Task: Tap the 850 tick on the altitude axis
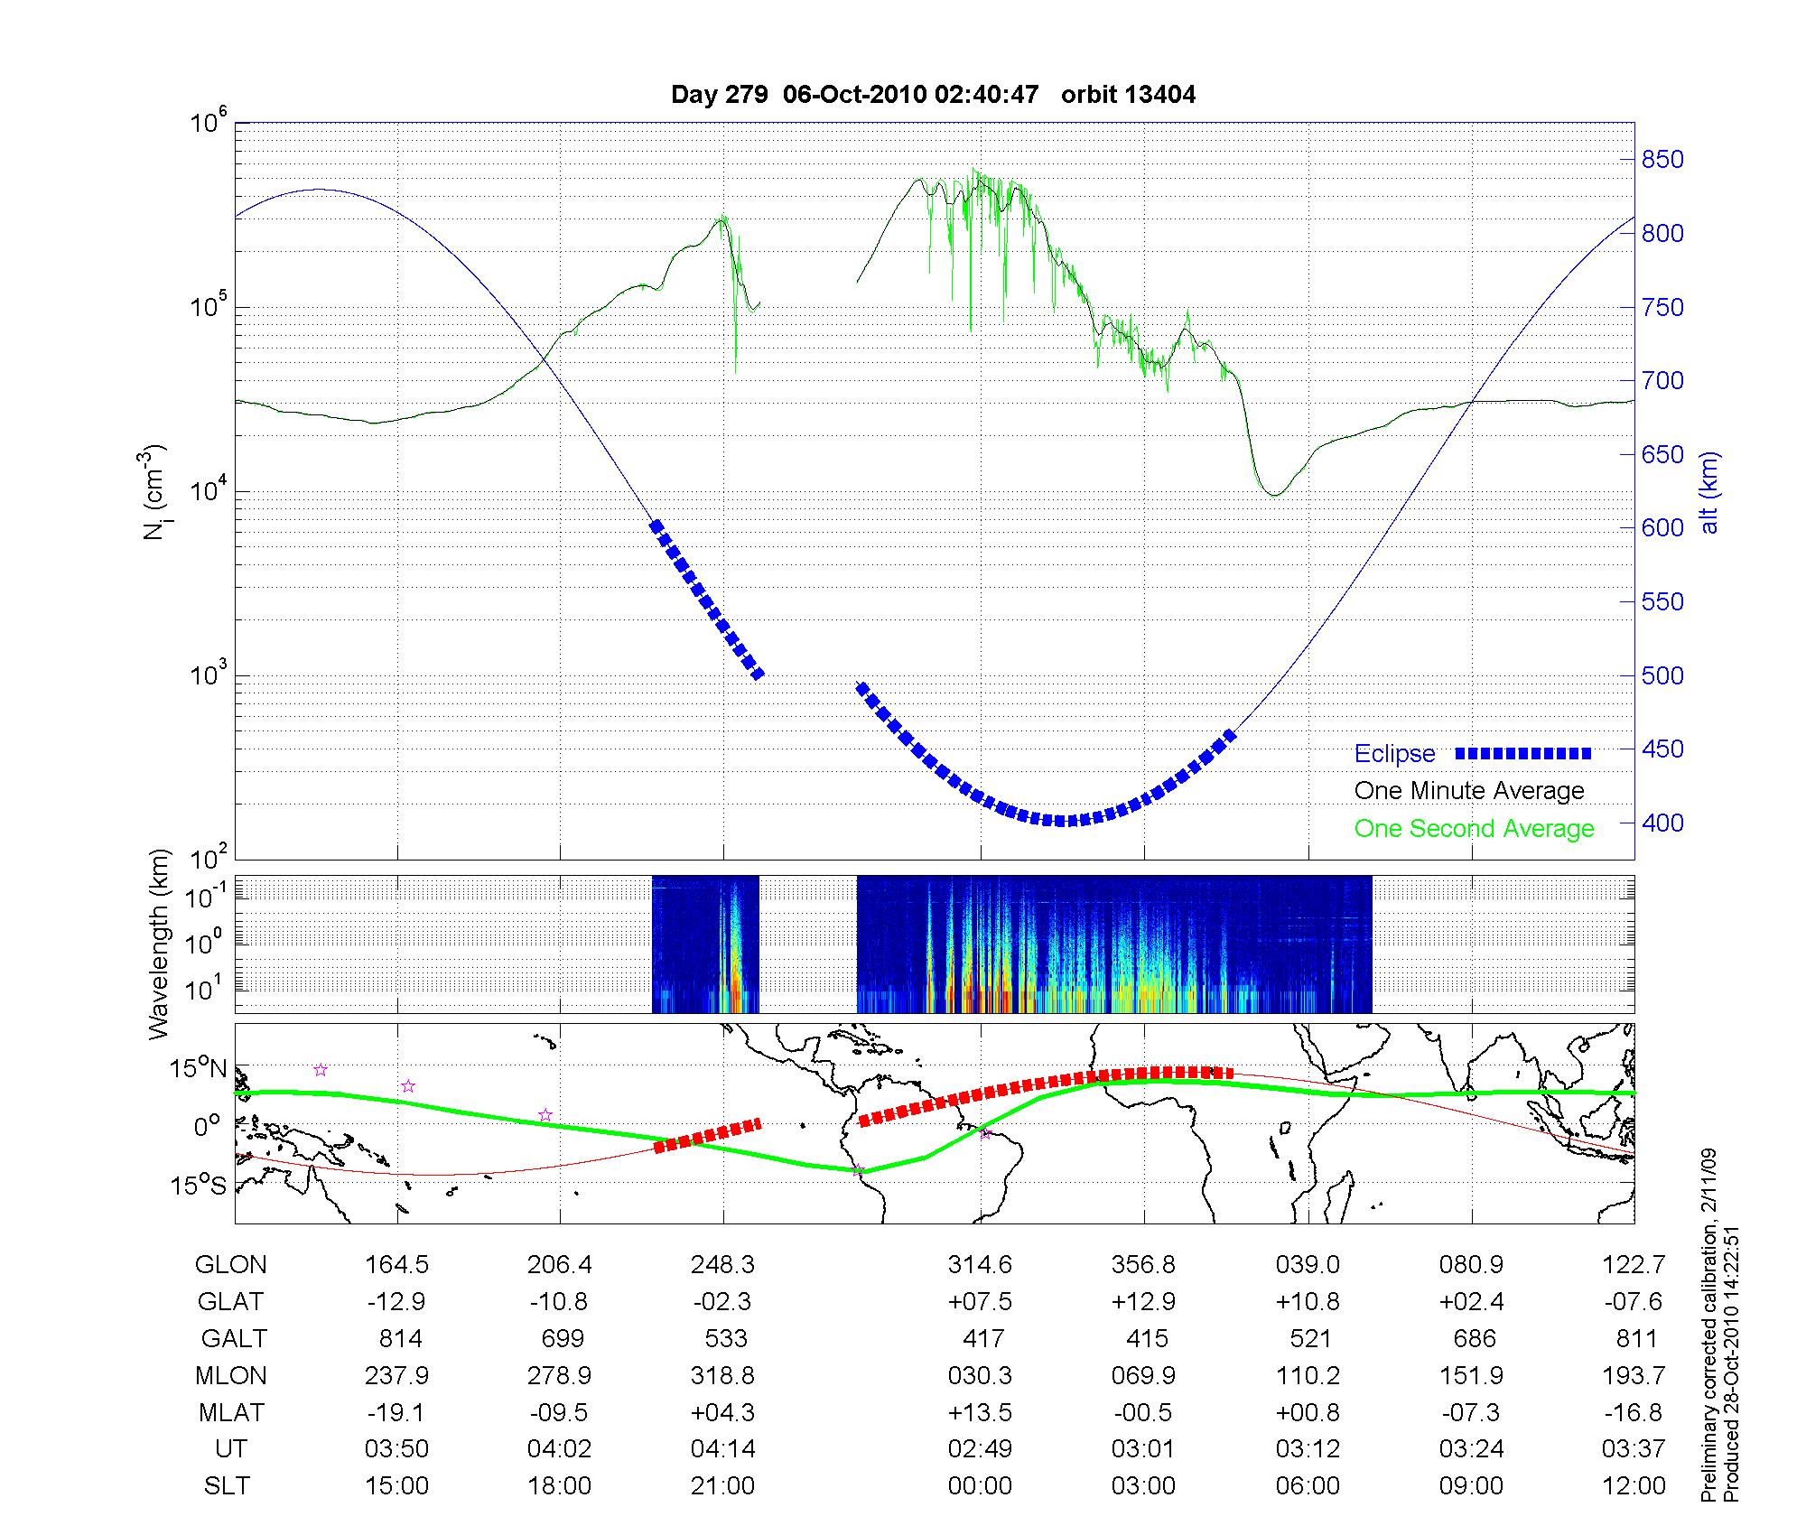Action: (x=1662, y=160)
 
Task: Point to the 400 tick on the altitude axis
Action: (x=1662, y=823)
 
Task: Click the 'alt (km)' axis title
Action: (x=1709, y=492)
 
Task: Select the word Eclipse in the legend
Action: (x=1394, y=754)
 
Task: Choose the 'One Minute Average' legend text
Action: (x=1469, y=791)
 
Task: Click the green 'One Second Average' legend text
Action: (x=1474, y=829)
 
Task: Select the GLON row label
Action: (x=230, y=1264)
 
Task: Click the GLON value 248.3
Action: (x=722, y=1264)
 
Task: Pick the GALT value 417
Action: (x=982, y=1338)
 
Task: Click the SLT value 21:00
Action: (x=722, y=1485)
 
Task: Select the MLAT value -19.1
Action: (x=396, y=1412)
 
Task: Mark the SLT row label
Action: (x=227, y=1485)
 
